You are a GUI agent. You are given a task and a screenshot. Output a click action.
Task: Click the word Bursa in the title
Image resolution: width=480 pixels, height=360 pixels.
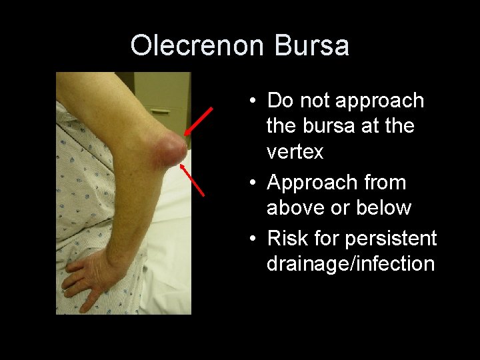(x=311, y=46)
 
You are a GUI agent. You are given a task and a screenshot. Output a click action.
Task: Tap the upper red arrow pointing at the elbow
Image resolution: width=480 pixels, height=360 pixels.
(x=199, y=121)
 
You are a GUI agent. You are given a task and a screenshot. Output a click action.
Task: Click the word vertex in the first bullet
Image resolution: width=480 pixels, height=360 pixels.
(x=295, y=152)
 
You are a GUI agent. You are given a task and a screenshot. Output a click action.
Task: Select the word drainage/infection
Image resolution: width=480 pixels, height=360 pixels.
(x=351, y=263)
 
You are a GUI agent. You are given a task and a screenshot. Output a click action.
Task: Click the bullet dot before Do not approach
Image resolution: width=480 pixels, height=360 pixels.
(x=254, y=101)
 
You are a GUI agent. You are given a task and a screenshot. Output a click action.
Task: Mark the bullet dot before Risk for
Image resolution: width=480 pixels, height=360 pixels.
(x=254, y=239)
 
